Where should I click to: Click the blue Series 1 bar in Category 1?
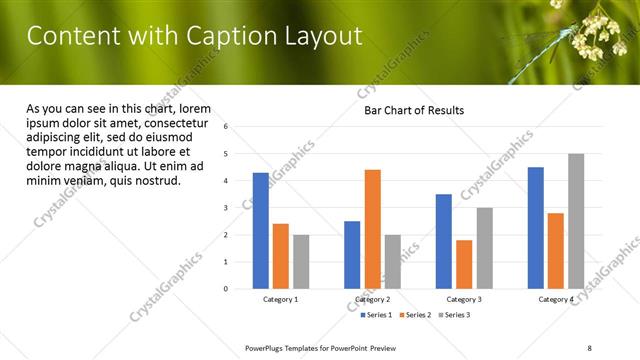pos(261,231)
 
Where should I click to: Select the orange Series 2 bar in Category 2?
pos(372,229)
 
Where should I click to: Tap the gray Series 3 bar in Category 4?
pos(576,221)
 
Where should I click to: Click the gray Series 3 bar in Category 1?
pos(301,262)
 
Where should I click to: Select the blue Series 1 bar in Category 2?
pos(352,255)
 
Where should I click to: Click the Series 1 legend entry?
pos(378,314)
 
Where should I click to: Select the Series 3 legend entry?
pos(453,314)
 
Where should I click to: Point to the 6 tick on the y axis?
pos(226,127)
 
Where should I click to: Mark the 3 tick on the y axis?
pos(226,208)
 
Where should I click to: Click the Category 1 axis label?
pos(281,299)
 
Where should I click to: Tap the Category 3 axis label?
pos(464,299)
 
